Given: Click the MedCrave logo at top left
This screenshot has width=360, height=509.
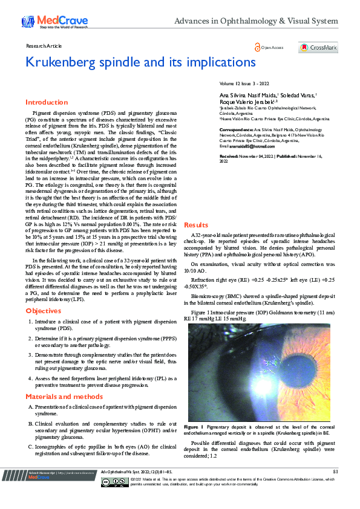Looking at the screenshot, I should coord(46,22).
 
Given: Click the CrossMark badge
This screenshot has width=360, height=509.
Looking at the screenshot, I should coord(318,48).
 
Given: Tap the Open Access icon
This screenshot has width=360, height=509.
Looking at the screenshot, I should coord(258,47).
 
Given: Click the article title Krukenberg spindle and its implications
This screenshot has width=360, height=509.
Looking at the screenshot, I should coord(133,62).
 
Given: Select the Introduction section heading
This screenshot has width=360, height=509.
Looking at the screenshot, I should coord(47,102).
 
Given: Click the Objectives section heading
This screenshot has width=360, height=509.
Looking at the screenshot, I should coord(44,311).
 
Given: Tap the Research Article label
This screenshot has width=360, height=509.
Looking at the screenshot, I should coord(44,45).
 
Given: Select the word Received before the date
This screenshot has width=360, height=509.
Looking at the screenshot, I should coord(229,156).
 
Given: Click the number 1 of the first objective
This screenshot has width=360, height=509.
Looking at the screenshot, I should coord(30,322).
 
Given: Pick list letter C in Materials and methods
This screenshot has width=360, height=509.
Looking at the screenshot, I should coord(30,447).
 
